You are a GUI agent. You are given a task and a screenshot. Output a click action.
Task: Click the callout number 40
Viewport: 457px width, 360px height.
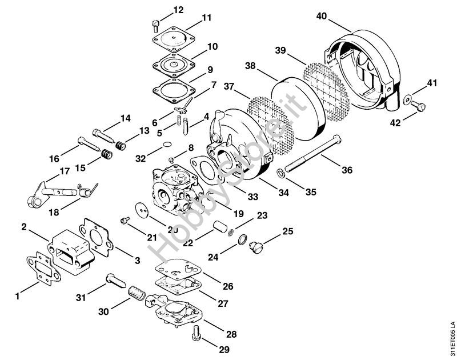pyautogui.click(x=322, y=17)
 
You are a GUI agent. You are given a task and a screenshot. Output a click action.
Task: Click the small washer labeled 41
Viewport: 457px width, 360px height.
pyautogui.click(x=407, y=100)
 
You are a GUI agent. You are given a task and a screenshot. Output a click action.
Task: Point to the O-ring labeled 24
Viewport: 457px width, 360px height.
pyautogui.click(x=242, y=239)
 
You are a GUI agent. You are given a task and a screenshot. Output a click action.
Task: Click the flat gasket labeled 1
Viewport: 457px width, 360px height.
pyautogui.click(x=40, y=268)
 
